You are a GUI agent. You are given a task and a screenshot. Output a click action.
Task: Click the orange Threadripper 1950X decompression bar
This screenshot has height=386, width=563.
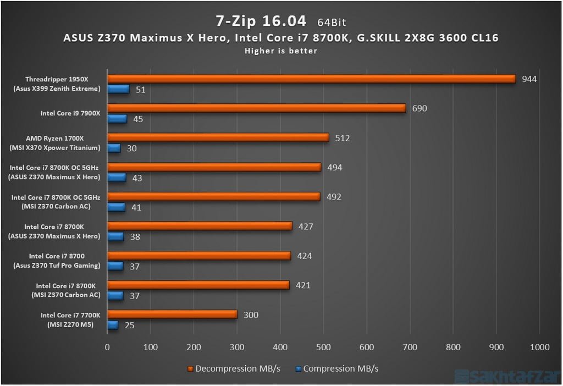[x=311, y=79]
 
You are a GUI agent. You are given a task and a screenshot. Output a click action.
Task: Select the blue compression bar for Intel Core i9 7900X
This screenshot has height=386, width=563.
[x=117, y=119]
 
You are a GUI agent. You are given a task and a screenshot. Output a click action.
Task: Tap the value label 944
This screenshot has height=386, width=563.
[x=529, y=79]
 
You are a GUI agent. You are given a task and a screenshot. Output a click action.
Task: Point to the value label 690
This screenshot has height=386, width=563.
[x=420, y=108]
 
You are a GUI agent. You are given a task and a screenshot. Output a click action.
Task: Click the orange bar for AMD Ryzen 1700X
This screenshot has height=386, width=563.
[x=218, y=137]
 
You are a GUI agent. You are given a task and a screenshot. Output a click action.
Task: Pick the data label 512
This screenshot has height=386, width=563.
[x=342, y=138]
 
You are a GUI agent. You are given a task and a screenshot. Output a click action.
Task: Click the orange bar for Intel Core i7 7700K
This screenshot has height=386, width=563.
[x=172, y=315]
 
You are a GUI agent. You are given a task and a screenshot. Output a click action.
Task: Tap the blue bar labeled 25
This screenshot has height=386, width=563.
[x=113, y=325]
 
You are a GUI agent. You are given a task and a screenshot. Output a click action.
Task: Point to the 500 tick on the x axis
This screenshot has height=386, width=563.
[x=323, y=347]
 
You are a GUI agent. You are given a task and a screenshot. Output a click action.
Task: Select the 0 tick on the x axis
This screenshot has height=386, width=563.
[x=107, y=347]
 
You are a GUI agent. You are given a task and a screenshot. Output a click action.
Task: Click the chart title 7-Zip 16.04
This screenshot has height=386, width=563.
[x=260, y=20]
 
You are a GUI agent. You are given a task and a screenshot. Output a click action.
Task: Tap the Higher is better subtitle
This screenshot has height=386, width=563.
[x=281, y=51]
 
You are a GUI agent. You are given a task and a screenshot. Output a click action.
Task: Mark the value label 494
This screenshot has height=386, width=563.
[x=334, y=167]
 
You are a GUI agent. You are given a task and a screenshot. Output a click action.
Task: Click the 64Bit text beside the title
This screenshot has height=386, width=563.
[x=332, y=23]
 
